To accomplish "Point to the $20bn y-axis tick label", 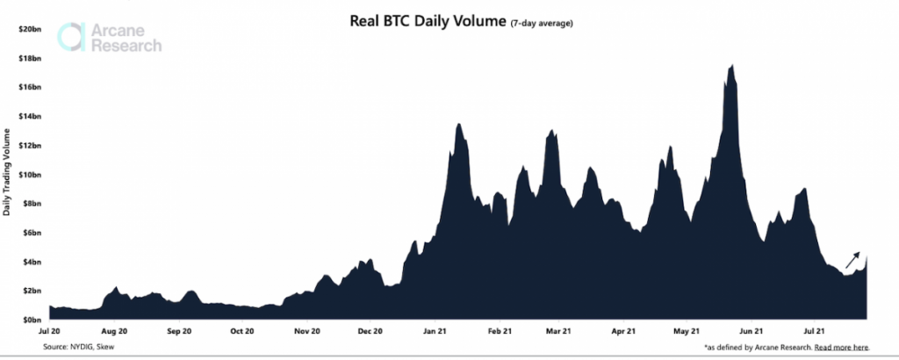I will click(x=28, y=29).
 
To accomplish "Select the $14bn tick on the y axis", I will click(x=28, y=116).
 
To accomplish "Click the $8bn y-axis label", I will click(x=30, y=203).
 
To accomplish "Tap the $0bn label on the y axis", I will click(x=30, y=320).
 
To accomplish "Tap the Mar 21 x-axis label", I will click(x=558, y=332).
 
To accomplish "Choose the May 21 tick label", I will click(x=686, y=332).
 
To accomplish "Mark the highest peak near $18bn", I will click(x=730, y=67).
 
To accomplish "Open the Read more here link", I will click(x=841, y=349).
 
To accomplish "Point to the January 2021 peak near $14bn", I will click(x=458, y=126).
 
